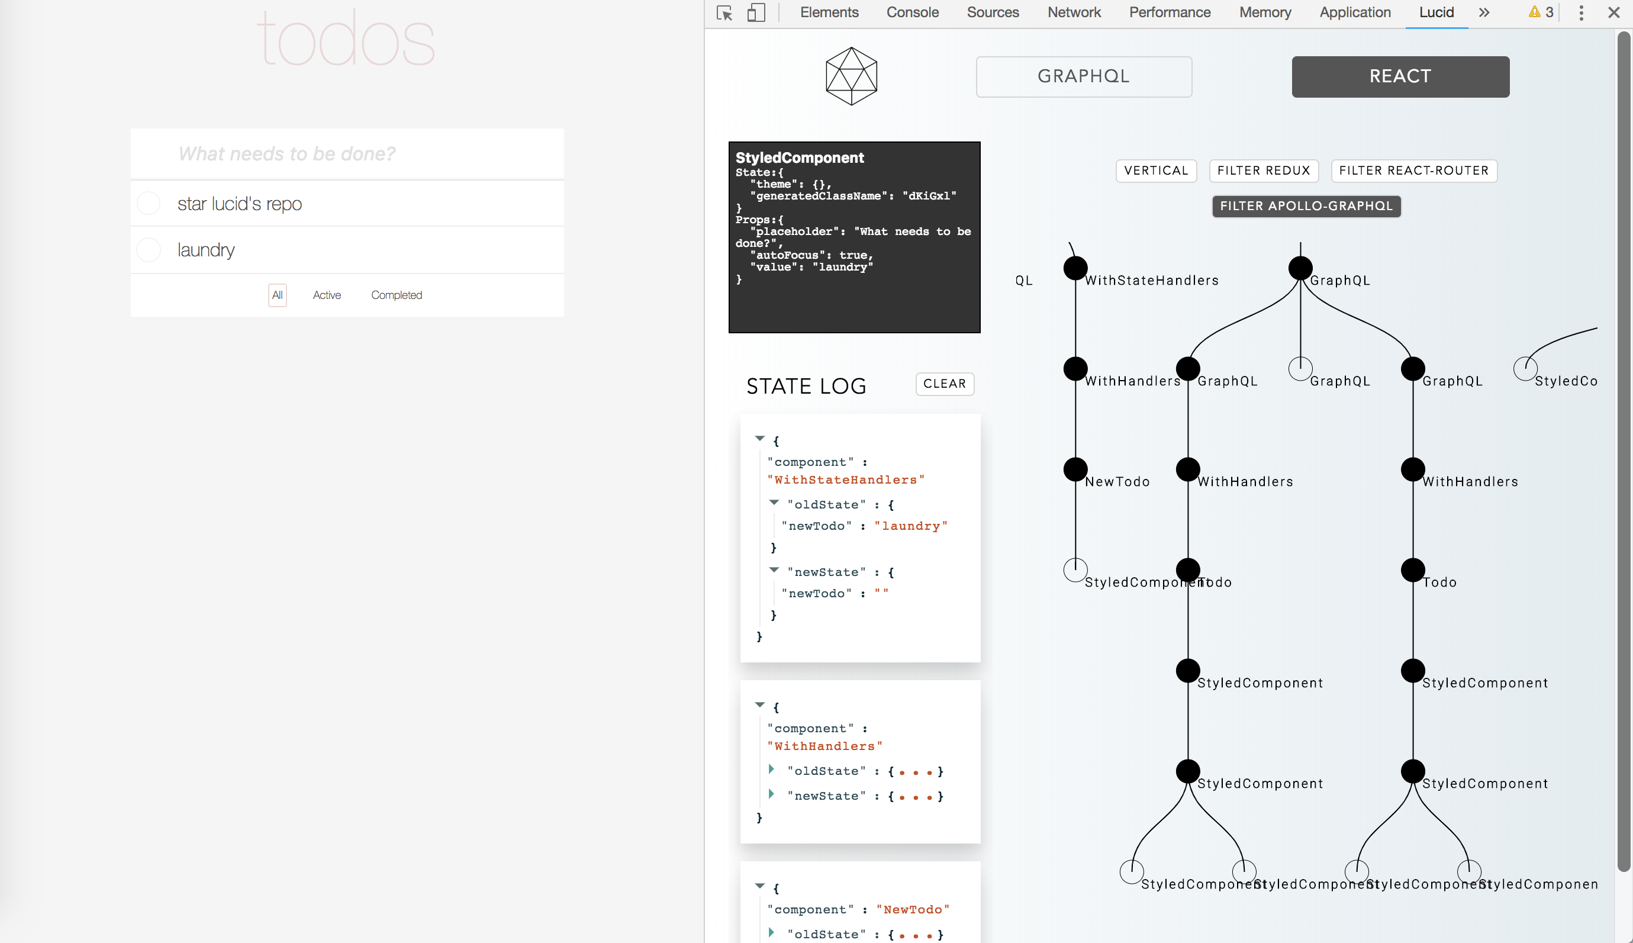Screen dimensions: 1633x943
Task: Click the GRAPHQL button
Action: click(x=1083, y=76)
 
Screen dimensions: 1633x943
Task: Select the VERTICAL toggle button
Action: click(x=1156, y=170)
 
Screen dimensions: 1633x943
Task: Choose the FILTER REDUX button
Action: click(x=1263, y=170)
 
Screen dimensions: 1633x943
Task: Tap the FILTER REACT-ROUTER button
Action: click(x=1413, y=170)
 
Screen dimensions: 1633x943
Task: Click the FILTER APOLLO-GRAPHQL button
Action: click(x=1306, y=206)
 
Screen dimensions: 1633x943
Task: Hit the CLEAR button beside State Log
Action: click(x=944, y=384)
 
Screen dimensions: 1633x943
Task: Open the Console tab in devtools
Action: click(x=912, y=12)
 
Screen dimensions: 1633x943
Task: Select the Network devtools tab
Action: click(x=1074, y=12)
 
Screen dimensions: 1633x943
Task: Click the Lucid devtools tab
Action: click(x=1436, y=12)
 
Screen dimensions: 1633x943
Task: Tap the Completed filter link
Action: click(x=397, y=295)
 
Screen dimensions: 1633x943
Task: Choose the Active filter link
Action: click(x=326, y=295)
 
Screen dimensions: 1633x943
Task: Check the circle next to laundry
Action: click(x=149, y=250)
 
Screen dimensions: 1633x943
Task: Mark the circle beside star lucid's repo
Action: click(x=149, y=204)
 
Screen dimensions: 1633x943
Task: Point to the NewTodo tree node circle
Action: click(x=1075, y=469)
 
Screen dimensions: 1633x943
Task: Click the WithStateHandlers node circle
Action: click(x=1075, y=268)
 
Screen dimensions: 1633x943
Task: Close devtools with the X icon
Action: click(x=1613, y=12)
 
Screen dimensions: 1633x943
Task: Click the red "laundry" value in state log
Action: click(x=910, y=526)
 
